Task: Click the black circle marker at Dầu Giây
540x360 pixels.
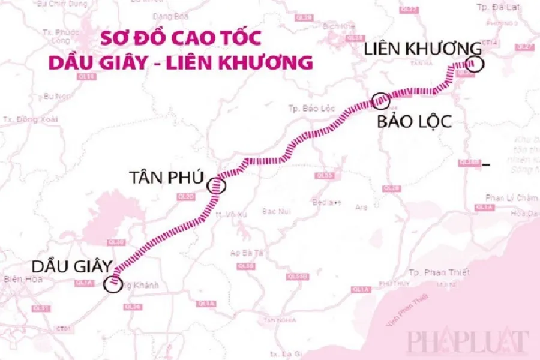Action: [x=112, y=284]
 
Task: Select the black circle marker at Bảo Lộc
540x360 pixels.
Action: [x=381, y=101]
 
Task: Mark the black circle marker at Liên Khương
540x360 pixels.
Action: [x=475, y=64]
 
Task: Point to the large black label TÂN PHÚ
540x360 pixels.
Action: [x=167, y=177]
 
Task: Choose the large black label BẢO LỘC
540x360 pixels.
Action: [x=413, y=122]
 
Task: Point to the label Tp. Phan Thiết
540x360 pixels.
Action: [x=439, y=273]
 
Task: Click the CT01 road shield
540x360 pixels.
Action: [x=64, y=329]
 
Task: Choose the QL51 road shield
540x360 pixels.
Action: [x=28, y=308]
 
